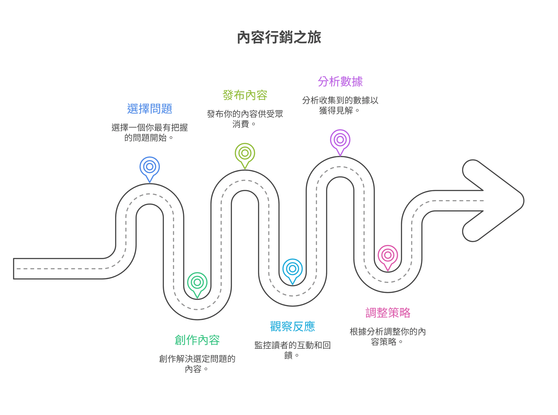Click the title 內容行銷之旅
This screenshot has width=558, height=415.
pyautogui.click(x=279, y=37)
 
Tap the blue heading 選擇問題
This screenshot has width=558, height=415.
pyautogui.click(x=150, y=109)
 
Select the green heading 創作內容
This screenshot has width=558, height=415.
pyautogui.click(x=197, y=340)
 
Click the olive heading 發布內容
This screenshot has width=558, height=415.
pyautogui.click(x=245, y=95)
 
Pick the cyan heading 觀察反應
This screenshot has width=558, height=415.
pyautogui.click(x=292, y=327)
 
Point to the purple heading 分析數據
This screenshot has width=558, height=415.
pyautogui.click(x=340, y=82)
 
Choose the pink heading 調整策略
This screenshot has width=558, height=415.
pyautogui.click(x=388, y=313)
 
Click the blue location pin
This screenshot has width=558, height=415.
pyautogui.click(x=150, y=167)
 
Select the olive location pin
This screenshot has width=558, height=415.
pyautogui.click(x=245, y=153)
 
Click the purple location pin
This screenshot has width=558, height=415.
pyautogui.click(x=340, y=140)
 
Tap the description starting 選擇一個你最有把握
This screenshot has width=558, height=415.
pyautogui.click(x=150, y=133)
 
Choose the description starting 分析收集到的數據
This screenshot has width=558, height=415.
pyautogui.click(x=340, y=105)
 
